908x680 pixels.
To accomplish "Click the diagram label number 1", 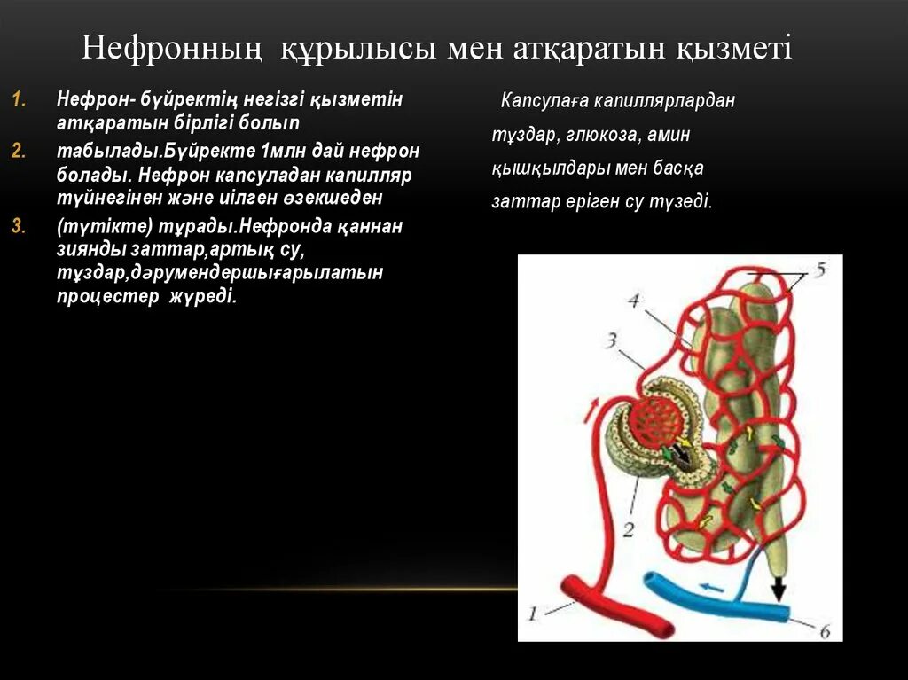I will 533,612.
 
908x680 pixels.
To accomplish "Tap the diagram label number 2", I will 628,529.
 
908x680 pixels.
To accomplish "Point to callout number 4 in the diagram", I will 633,301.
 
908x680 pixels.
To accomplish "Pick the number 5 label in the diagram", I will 820,270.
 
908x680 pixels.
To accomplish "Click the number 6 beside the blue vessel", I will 824,631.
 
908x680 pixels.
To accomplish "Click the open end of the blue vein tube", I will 652,585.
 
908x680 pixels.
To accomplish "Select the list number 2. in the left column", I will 20,151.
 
